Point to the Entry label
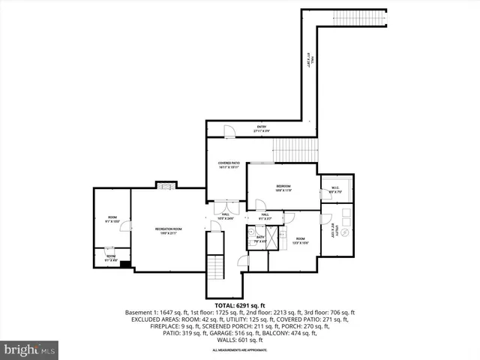pos(261,128)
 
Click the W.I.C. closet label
pos(334,190)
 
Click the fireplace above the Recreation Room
pos(163,184)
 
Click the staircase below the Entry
pos(295,149)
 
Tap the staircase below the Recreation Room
pos(215,267)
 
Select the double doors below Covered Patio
pos(226,208)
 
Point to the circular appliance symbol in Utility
pos(346,234)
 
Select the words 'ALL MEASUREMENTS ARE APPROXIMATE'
pos(239,350)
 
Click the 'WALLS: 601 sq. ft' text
pos(239,340)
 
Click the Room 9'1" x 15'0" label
pos(112,219)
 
